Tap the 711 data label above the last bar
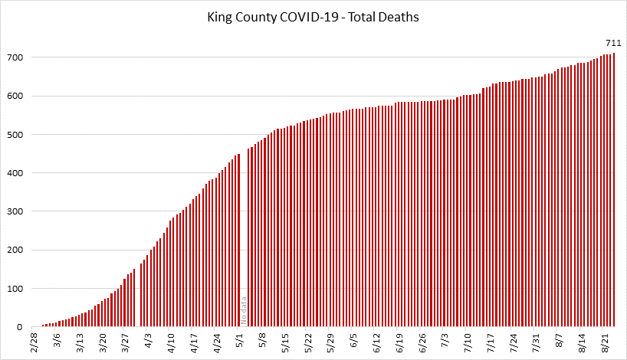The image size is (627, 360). [612, 43]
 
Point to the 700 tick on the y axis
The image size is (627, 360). [15, 57]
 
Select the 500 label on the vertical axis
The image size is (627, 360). [15, 135]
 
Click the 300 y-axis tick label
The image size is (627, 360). [15, 211]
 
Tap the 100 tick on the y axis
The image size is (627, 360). [15, 289]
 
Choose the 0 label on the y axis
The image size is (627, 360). [21, 327]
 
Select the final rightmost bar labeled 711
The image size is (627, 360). [613, 191]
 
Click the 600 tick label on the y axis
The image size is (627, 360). [15, 97]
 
